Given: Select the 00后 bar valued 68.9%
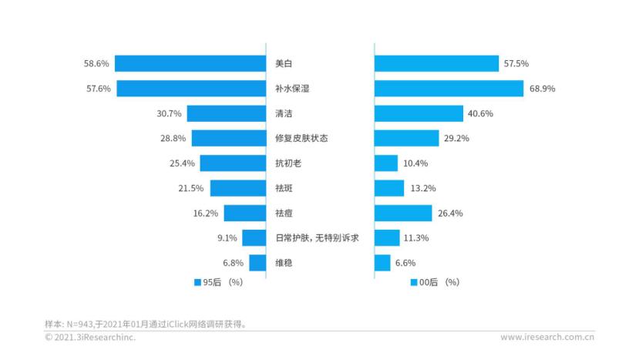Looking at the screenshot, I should pyautogui.click(x=449, y=89).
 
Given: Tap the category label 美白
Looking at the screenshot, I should pyautogui.click(x=284, y=63).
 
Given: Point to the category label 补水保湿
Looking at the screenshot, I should pyautogui.click(x=292, y=89).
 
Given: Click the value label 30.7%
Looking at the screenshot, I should pyautogui.click(x=169, y=113).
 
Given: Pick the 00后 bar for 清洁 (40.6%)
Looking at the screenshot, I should pyautogui.click(x=419, y=113).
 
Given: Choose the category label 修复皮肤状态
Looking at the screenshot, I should pyautogui.click(x=301, y=138).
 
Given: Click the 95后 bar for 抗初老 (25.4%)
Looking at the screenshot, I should pyautogui.click(x=233, y=163).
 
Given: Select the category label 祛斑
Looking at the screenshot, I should pyautogui.click(x=284, y=188).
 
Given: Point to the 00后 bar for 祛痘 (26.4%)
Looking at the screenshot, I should pyautogui.click(x=403, y=213).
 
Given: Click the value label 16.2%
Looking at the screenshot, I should pyautogui.click(x=206, y=213).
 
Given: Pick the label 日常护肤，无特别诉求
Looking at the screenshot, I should pyautogui.click(x=317, y=238).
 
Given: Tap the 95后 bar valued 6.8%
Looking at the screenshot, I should pyautogui.click(x=257, y=263).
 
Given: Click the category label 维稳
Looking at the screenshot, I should pyautogui.click(x=284, y=263).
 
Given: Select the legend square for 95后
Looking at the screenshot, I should pyautogui.click(x=197, y=283).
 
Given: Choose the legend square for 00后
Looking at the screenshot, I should pyautogui.click(x=414, y=283).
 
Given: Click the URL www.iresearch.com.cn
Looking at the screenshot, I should pyautogui.click(x=547, y=337).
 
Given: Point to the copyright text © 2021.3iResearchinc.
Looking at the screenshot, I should pyautogui.click(x=90, y=337).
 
